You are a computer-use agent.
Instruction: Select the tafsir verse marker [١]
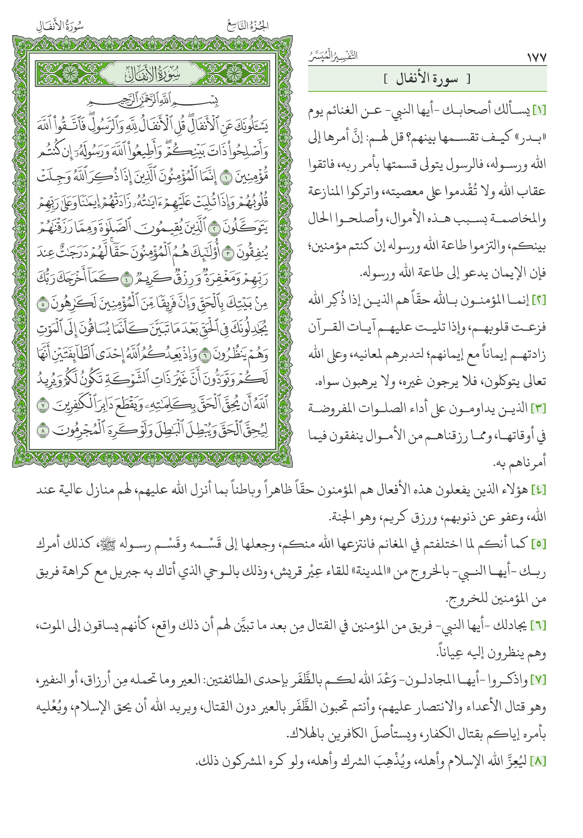(539, 110)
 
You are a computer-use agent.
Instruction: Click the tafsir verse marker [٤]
(539, 490)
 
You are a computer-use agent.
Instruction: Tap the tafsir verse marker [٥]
(539, 545)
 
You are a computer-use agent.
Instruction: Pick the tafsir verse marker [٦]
(539, 626)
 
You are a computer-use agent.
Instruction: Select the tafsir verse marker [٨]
(539, 762)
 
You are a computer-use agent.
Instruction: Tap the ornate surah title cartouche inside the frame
(152, 74)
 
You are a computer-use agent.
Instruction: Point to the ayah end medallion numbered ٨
(43, 431)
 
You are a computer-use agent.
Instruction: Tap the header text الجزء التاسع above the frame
(248, 26)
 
